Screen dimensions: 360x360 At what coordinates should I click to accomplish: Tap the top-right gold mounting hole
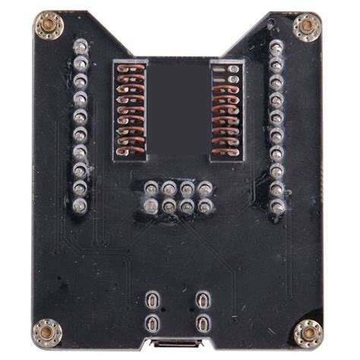point(307,27)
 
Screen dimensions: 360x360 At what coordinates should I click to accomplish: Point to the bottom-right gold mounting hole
point(308,332)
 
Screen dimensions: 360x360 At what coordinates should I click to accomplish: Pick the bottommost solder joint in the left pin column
point(80,204)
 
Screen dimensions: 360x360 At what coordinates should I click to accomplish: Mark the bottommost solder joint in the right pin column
point(276,205)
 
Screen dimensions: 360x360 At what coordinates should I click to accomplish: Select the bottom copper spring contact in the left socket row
point(131,149)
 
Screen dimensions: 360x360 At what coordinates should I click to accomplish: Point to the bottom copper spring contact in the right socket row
point(226,149)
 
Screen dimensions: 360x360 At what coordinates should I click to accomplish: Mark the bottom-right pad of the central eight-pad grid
point(205,206)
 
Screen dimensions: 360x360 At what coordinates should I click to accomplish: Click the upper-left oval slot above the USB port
point(155,299)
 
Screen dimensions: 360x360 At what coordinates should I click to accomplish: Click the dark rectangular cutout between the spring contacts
point(178,106)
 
